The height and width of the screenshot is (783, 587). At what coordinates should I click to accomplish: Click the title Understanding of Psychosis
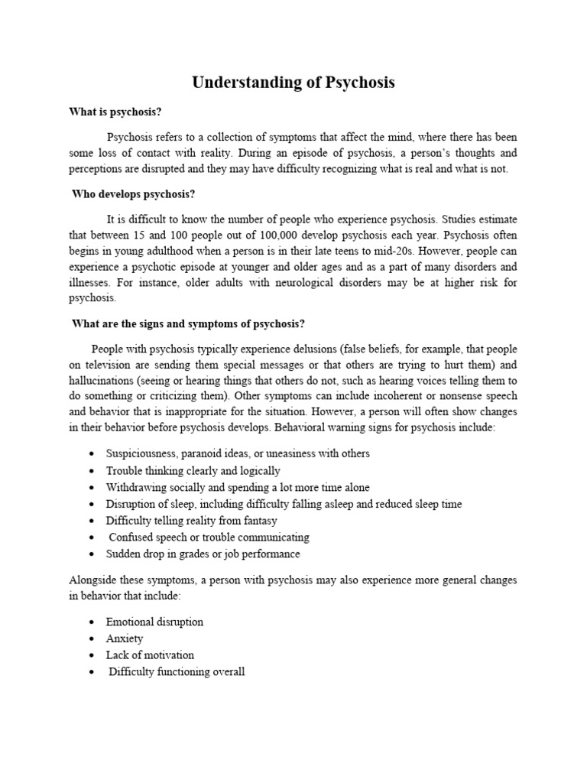pos(293,83)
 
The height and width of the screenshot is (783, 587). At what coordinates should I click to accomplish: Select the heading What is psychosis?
pos(115,112)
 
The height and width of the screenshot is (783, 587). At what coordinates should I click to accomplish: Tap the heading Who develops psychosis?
pos(134,194)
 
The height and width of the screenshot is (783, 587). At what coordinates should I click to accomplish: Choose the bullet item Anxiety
pos(125,638)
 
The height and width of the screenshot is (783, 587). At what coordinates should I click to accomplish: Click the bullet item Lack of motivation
pos(151,655)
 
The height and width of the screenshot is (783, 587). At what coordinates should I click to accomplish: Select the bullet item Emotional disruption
pos(155,622)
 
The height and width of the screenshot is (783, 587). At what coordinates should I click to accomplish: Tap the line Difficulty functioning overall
pos(177,672)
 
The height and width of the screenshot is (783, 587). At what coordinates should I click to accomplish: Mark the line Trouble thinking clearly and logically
pos(193,470)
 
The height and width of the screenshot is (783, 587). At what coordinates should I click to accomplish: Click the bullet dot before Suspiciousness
pos(92,454)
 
